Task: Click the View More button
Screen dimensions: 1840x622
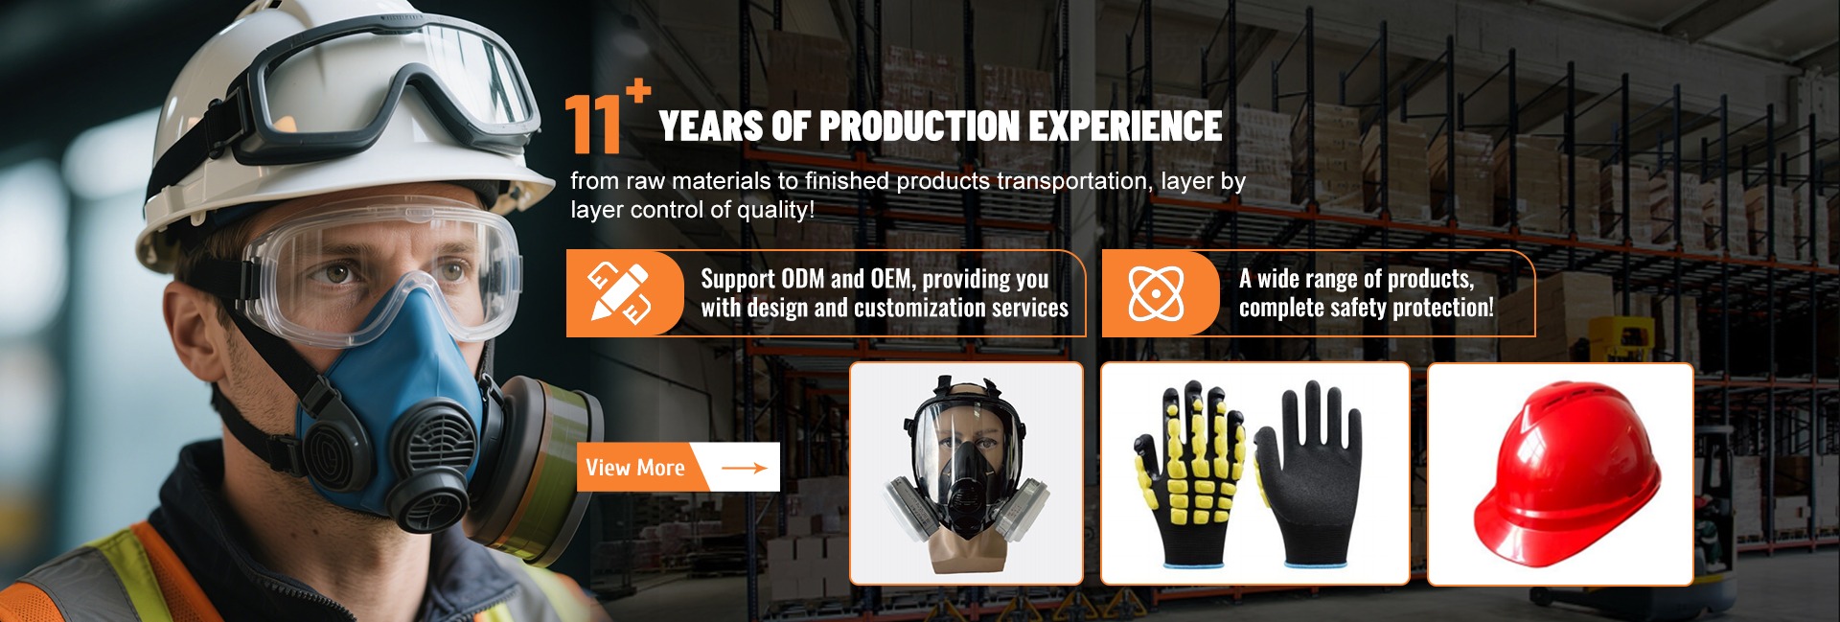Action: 678,467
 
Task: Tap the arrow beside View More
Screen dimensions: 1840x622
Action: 745,468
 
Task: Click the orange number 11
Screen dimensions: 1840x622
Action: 593,125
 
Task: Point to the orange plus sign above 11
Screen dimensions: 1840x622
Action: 638,91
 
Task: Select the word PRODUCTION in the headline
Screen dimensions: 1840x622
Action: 919,127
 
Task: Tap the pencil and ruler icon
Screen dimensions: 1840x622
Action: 619,292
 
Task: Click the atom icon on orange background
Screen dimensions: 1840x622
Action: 1156,292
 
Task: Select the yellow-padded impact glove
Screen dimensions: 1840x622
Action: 1191,474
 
